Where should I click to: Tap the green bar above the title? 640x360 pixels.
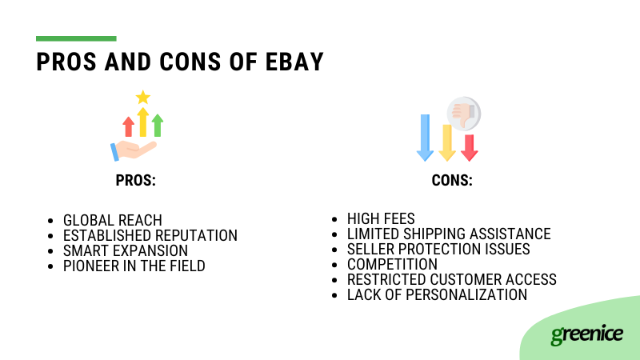coord(76,38)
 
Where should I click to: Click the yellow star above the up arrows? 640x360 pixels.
coord(143,98)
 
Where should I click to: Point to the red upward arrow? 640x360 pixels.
coord(128,126)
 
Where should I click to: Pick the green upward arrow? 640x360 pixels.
coord(158,125)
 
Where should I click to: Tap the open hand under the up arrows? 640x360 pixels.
coord(134,150)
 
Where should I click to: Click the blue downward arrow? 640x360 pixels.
coord(425,137)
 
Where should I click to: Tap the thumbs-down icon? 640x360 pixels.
coord(462,113)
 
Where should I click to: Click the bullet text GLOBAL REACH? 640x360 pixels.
coord(113,220)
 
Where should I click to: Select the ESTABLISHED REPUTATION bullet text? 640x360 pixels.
coord(150,235)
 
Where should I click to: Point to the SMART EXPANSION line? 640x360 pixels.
coord(126,250)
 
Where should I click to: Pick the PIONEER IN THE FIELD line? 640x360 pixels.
coord(134,266)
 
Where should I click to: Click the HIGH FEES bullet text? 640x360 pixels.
coord(381,218)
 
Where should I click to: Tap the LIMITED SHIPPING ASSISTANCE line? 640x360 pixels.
coord(449,234)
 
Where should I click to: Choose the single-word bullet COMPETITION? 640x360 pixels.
coord(392,264)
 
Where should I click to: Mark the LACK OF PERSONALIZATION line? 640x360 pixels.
coord(437,294)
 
